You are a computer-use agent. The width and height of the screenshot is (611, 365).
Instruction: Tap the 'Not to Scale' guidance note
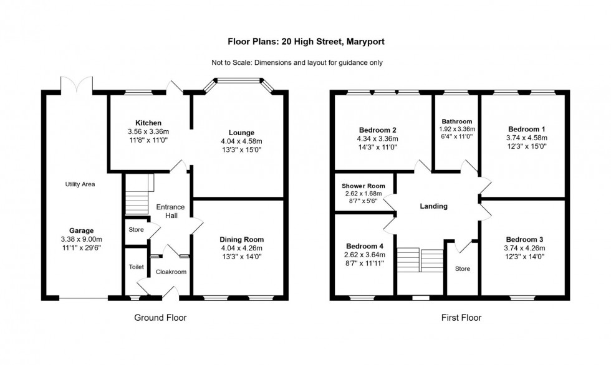coord(305,62)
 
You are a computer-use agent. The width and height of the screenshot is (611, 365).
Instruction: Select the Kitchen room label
coord(148,123)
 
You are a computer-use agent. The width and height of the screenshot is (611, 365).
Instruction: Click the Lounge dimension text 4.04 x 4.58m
coord(241,141)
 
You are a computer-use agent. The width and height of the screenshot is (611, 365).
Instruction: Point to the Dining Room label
coord(241,239)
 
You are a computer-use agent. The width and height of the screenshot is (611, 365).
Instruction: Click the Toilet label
coord(137,267)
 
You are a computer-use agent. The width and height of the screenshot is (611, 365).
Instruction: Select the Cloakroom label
coord(171,272)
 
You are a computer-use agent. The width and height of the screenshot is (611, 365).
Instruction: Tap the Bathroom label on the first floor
coord(456,121)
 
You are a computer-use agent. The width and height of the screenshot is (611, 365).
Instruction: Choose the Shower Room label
coord(363,186)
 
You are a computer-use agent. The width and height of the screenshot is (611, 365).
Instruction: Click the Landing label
coord(434,206)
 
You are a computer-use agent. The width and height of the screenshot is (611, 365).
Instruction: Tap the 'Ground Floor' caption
coord(160,318)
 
